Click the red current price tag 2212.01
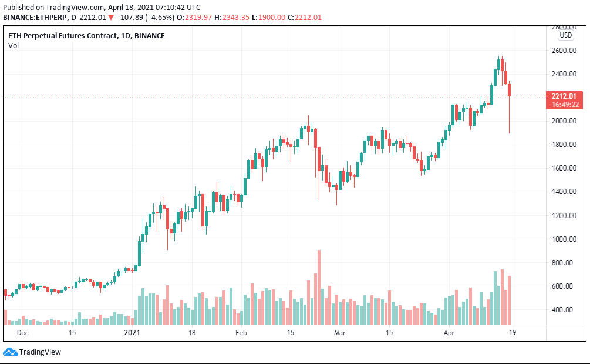(x=564, y=96)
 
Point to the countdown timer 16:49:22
(x=564, y=105)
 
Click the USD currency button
(x=565, y=35)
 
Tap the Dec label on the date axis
(x=23, y=333)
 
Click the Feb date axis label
(x=241, y=333)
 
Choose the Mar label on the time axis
(x=340, y=333)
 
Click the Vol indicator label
(x=13, y=46)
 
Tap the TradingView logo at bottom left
(x=32, y=352)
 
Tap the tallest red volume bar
(x=319, y=287)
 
